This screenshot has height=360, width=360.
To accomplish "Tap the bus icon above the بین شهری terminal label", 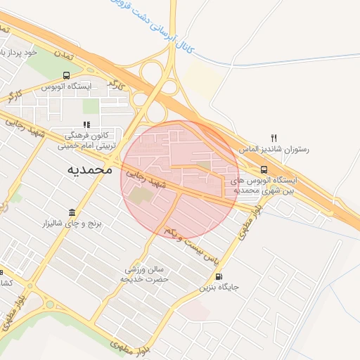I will (264, 169).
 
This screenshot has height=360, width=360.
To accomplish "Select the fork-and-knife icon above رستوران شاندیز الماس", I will (275, 138).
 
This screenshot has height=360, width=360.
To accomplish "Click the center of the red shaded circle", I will (181, 179).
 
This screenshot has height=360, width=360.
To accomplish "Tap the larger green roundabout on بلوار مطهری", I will (50, 304).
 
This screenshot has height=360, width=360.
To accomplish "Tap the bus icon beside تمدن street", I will (66, 75).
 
